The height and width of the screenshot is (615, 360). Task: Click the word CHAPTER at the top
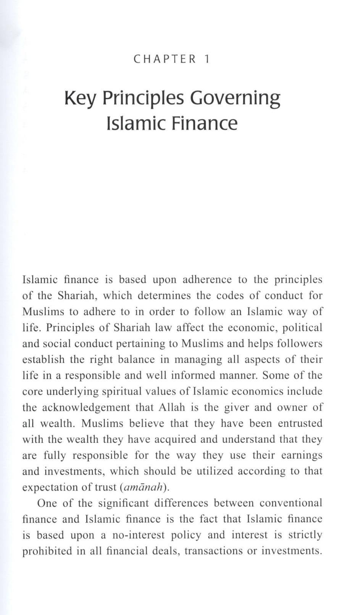point(165,59)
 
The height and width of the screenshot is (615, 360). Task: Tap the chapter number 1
point(207,59)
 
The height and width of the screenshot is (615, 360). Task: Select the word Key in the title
point(80,98)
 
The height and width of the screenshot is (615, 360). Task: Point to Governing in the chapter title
point(235,98)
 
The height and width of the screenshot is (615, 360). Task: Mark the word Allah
point(171,408)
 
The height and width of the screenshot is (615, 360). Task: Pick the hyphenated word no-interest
point(138,535)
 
